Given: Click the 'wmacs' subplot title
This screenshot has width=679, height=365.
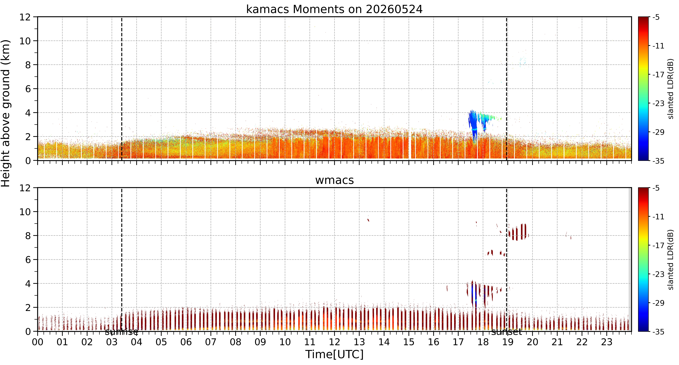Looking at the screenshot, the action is coord(334,180).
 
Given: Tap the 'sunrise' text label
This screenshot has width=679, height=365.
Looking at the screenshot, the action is coord(121,332).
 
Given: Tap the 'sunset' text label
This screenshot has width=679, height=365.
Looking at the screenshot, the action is coord(506,332).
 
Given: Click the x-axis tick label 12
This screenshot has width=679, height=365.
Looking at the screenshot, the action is coord(334,342).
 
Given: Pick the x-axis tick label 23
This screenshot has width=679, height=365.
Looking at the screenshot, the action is coord(607,342).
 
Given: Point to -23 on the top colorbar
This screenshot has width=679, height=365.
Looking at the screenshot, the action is coord(658,104).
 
